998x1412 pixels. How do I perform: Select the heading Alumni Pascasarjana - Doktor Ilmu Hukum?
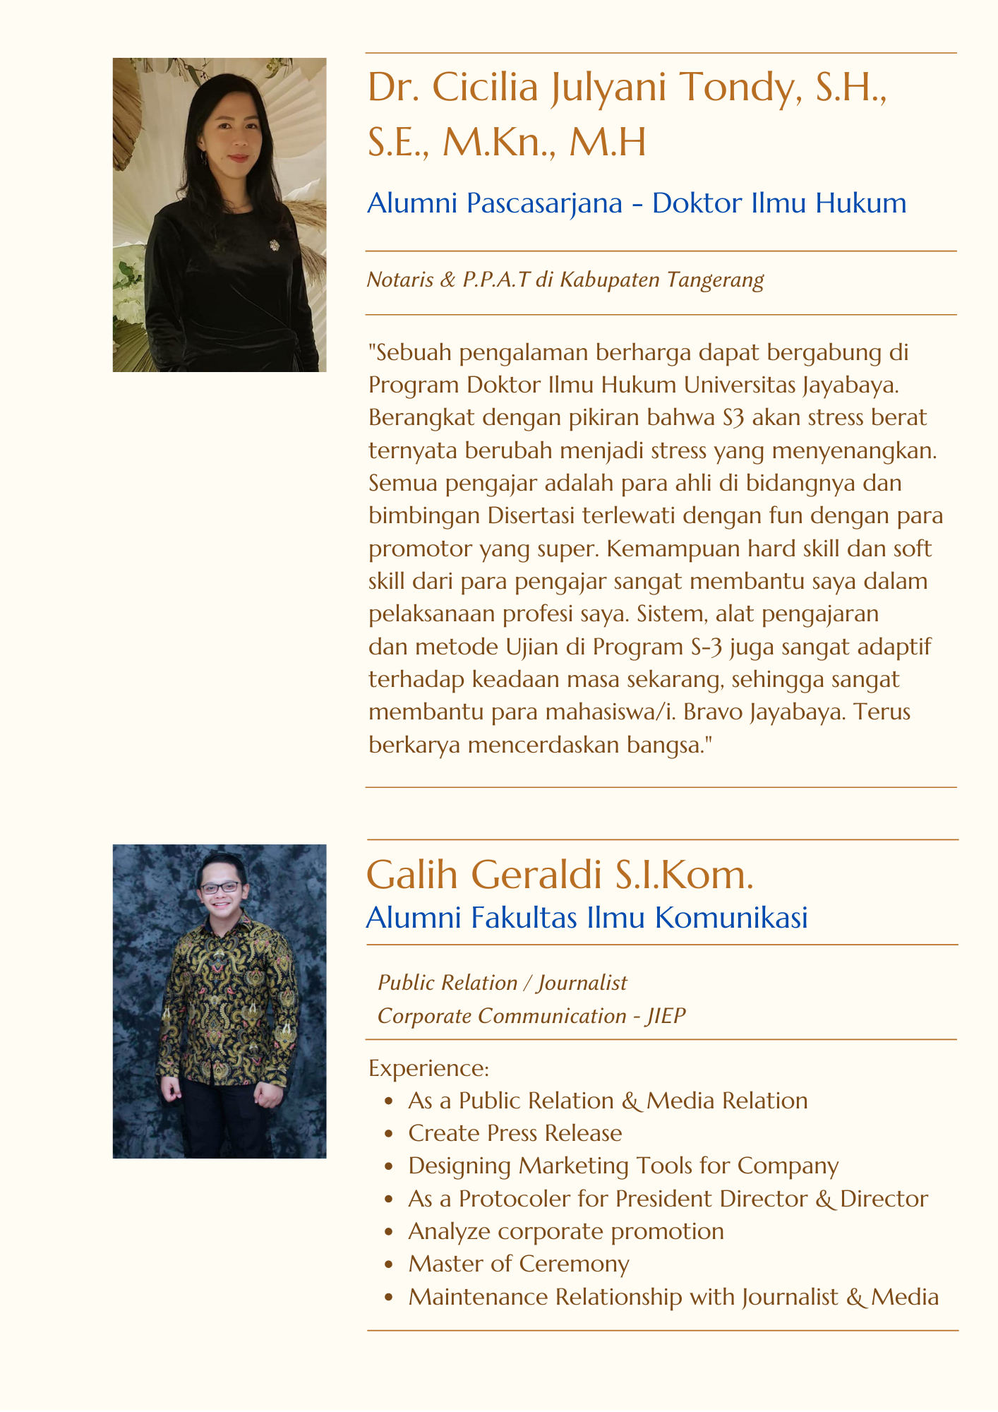click(637, 203)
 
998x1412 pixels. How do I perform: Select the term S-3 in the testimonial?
click(687, 647)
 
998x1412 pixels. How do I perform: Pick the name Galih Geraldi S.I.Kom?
click(560, 875)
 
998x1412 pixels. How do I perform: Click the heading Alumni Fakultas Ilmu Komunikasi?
click(587, 918)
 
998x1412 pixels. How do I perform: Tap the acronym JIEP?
click(666, 1016)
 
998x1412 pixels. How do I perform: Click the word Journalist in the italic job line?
click(582, 983)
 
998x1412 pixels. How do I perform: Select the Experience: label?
click(428, 1068)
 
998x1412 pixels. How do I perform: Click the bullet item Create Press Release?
click(515, 1133)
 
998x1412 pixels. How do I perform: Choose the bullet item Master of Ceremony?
click(518, 1264)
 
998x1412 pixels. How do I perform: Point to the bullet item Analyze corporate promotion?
click(565, 1231)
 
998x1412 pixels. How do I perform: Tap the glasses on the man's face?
click(220, 887)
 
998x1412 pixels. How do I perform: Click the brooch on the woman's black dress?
click(273, 245)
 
